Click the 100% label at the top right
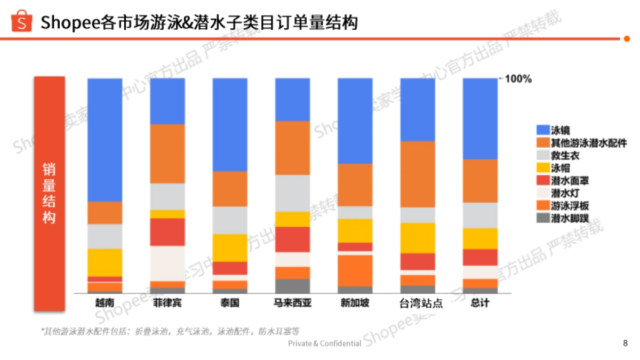(x=518, y=79)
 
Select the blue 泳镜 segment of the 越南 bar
(x=105, y=140)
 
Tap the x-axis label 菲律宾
(x=167, y=303)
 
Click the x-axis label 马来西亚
(x=292, y=303)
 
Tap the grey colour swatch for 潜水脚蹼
(x=542, y=218)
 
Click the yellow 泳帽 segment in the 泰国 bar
(x=230, y=247)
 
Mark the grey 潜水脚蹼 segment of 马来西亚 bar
(x=292, y=286)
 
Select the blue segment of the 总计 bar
(x=480, y=118)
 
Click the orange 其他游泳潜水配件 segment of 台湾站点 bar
(x=418, y=174)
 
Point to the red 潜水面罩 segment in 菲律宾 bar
(x=167, y=232)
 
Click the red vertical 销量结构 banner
(x=49, y=194)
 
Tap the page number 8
(x=625, y=343)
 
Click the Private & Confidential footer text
(x=324, y=343)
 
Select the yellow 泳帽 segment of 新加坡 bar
(x=355, y=230)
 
